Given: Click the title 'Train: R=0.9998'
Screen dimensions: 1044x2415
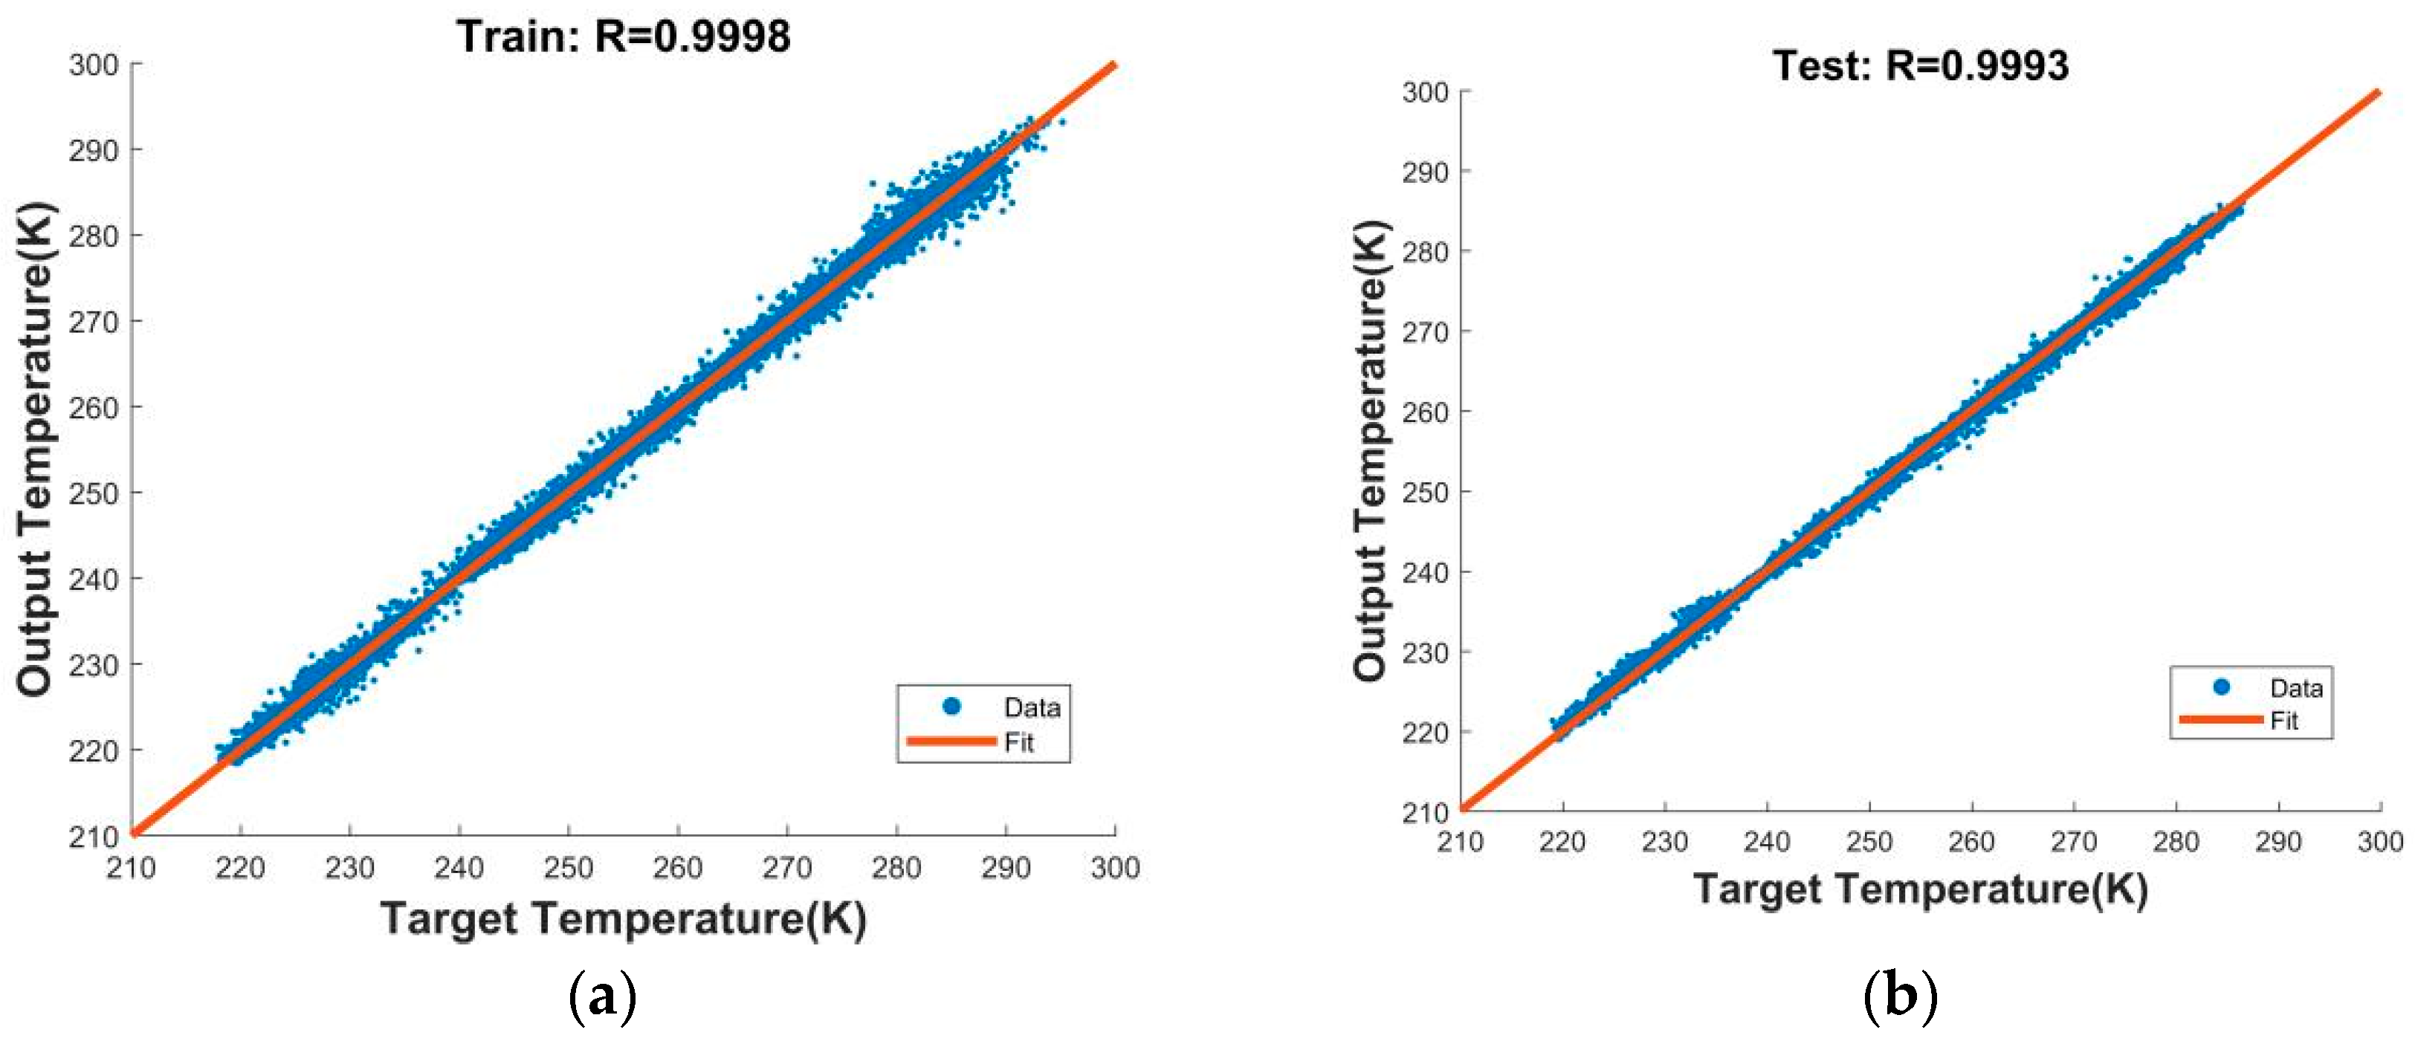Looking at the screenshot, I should tap(624, 36).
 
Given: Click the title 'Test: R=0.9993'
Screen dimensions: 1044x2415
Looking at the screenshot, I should tap(1920, 65).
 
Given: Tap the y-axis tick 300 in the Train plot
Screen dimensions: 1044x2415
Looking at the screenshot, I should tap(94, 65).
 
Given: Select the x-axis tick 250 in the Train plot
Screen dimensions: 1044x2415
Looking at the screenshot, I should tap(568, 868).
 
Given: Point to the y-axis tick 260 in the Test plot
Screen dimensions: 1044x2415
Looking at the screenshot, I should tap(1425, 412).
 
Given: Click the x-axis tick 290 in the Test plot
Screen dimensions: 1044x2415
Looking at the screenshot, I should tap(2278, 842).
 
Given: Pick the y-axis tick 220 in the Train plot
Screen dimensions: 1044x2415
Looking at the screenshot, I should tap(94, 750).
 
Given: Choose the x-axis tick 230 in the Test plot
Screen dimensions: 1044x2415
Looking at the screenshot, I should tap(1664, 842).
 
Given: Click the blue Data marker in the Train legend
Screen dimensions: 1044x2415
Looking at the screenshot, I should tap(951, 707).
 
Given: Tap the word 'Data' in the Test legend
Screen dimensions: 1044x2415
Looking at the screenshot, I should tap(2296, 689).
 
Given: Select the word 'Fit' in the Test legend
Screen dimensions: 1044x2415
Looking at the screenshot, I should tap(2283, 721).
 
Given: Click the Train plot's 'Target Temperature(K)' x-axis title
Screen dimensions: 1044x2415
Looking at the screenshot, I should tap(624, 918).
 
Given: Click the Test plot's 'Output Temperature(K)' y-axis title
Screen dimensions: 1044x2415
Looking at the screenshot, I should tap(1371, 450).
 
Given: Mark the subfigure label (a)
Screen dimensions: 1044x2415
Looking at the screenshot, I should tap(603, 998).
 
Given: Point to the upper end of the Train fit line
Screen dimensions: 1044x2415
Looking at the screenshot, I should tap(1113, 65).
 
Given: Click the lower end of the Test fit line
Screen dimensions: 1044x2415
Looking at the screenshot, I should tap(1463, 808).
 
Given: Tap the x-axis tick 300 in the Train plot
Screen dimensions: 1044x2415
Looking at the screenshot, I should tap(1115, 868).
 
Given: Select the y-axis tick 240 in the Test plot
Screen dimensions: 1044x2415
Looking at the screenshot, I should tap(1425, 573).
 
